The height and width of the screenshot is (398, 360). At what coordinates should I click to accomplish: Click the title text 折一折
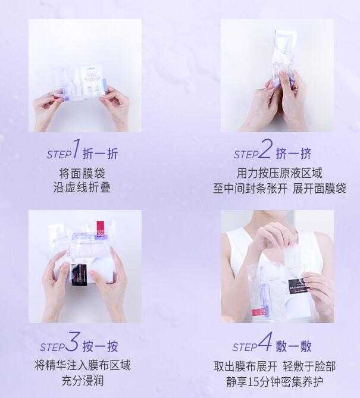pos(100,153)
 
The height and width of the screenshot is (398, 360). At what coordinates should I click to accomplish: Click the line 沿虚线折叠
pos(82,187)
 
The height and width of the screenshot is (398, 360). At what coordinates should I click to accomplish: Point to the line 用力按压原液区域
pos(279,173)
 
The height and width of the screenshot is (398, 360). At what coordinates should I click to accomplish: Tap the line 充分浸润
pos(82,380)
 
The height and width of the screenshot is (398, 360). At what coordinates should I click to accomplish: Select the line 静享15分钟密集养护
pos(279,381)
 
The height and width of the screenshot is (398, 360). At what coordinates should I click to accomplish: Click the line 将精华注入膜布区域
pos(82,365)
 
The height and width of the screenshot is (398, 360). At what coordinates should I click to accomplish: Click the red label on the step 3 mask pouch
pos(100,228)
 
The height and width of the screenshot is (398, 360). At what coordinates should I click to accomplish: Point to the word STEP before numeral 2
pos(246,155)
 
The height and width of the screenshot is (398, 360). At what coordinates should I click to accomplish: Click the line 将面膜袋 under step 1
pos(82,173)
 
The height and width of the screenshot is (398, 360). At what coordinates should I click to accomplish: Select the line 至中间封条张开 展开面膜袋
pos(279,188)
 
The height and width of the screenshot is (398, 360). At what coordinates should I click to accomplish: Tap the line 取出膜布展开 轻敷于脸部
pos(279,366)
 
